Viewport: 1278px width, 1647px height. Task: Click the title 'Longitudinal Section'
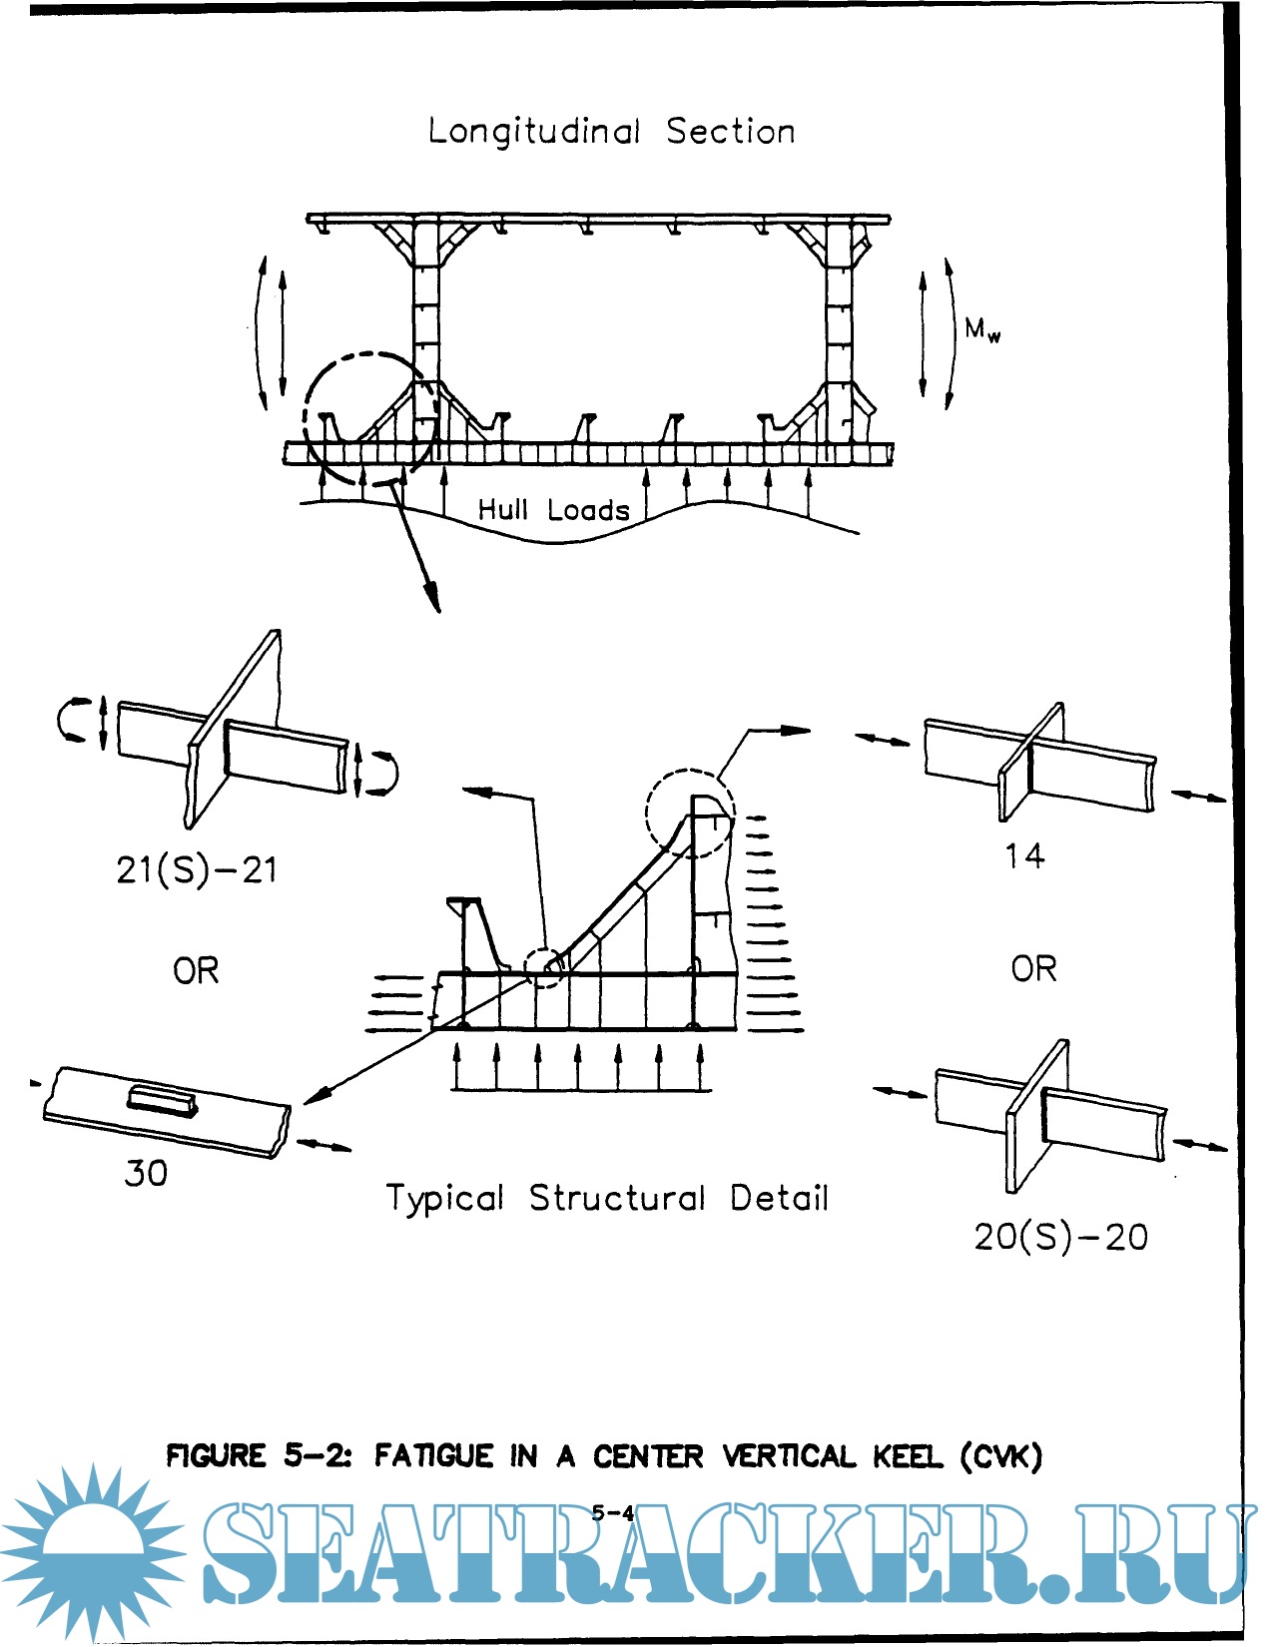(x=611, y=132)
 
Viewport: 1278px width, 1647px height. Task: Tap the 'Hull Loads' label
(x=553, y=510)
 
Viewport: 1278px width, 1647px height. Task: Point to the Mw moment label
(x=981, y=329)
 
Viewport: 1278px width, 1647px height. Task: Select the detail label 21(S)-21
(x=197, y=870)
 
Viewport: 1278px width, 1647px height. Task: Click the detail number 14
(x=1024, y=855)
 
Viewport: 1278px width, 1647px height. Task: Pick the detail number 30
(x=146, y=1173)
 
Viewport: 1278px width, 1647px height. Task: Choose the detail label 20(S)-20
(x=1060, y=1238)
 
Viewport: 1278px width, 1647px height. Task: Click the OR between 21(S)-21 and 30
(x=196, y=970)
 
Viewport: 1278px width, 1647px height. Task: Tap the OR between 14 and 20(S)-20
(x=1033, y=968)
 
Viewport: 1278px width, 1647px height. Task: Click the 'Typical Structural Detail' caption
(x=607, y=1198)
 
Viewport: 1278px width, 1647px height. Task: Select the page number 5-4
(x=612, y=1512)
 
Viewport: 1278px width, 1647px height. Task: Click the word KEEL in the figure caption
(x=907, y=1456)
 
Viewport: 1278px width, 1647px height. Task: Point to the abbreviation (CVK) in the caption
(x=1001, y=1456)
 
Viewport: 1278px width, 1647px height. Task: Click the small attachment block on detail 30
(x=162, y=1100)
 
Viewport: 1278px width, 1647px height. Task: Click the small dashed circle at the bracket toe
(x=545, y=966)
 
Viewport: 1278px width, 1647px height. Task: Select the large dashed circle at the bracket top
(x=690, y=813)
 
